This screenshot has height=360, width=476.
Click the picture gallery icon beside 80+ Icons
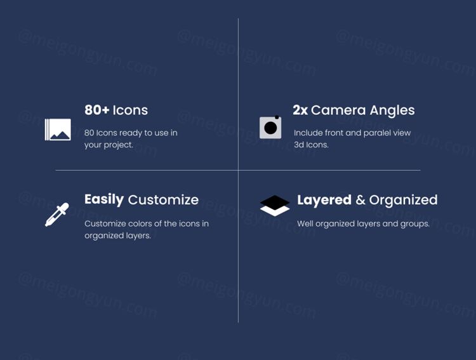coord(58,130)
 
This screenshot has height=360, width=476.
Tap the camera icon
coord(270,127)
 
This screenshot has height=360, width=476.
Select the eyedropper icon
coord(57,215)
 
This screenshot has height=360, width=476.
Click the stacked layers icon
coord(275,206)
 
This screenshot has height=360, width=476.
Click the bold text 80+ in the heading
coord(97,110)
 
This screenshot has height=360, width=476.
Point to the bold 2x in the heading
coord(300,110)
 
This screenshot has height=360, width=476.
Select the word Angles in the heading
coord(392,110)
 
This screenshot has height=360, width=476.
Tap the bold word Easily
coord(104,200)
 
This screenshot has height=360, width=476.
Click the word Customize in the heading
coord(163,200)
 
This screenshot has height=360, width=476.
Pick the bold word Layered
coord(324,200)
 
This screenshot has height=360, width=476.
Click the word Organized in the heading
coord(404,200)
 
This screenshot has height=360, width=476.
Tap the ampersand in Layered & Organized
coord(360,200)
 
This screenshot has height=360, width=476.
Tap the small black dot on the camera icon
coord(277,117)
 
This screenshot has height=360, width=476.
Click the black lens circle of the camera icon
coord(270,128)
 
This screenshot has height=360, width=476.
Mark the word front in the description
coord(334,133)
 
